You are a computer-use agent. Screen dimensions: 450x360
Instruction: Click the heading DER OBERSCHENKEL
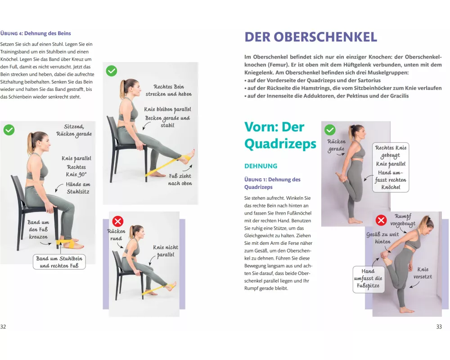click(x=310, y=37)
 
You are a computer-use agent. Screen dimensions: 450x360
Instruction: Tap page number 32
click(x=3, y=326)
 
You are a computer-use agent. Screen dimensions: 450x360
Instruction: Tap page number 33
click(x=439, y=326)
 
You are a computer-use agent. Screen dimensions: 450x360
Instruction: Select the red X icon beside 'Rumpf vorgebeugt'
click(x=381, y=220)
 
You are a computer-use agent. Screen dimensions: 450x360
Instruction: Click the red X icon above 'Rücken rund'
click(x=117, y=221)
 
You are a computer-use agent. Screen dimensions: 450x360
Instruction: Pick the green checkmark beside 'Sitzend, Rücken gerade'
click(x=9, y=130)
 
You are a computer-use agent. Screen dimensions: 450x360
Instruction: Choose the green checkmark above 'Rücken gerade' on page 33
click(x=330, y=130)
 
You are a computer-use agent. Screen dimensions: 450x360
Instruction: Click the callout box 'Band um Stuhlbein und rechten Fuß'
click(x=59, y=262)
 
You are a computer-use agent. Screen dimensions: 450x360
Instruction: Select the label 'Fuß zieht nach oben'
click(x=180, y=180)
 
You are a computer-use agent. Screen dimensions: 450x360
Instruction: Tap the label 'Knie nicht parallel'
click(x=166, y=251)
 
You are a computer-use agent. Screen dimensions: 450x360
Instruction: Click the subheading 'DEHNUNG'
click(x=261, y=166)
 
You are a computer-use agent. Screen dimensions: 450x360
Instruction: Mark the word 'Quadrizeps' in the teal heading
click(x=280, y=144)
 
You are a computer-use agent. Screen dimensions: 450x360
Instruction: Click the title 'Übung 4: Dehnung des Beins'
click(x=36, y=33)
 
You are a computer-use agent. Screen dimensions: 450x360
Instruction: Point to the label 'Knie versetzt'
click(x=423, y=273)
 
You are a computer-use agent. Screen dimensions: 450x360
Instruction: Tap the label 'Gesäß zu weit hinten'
click(x=382, y=238)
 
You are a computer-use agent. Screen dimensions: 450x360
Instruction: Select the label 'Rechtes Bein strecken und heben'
click(x=169, y=90)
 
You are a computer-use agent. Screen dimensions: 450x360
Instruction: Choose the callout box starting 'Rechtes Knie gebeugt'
click(x=391, y=167)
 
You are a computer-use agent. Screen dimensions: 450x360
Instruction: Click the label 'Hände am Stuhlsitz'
click(x=78, y=188)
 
